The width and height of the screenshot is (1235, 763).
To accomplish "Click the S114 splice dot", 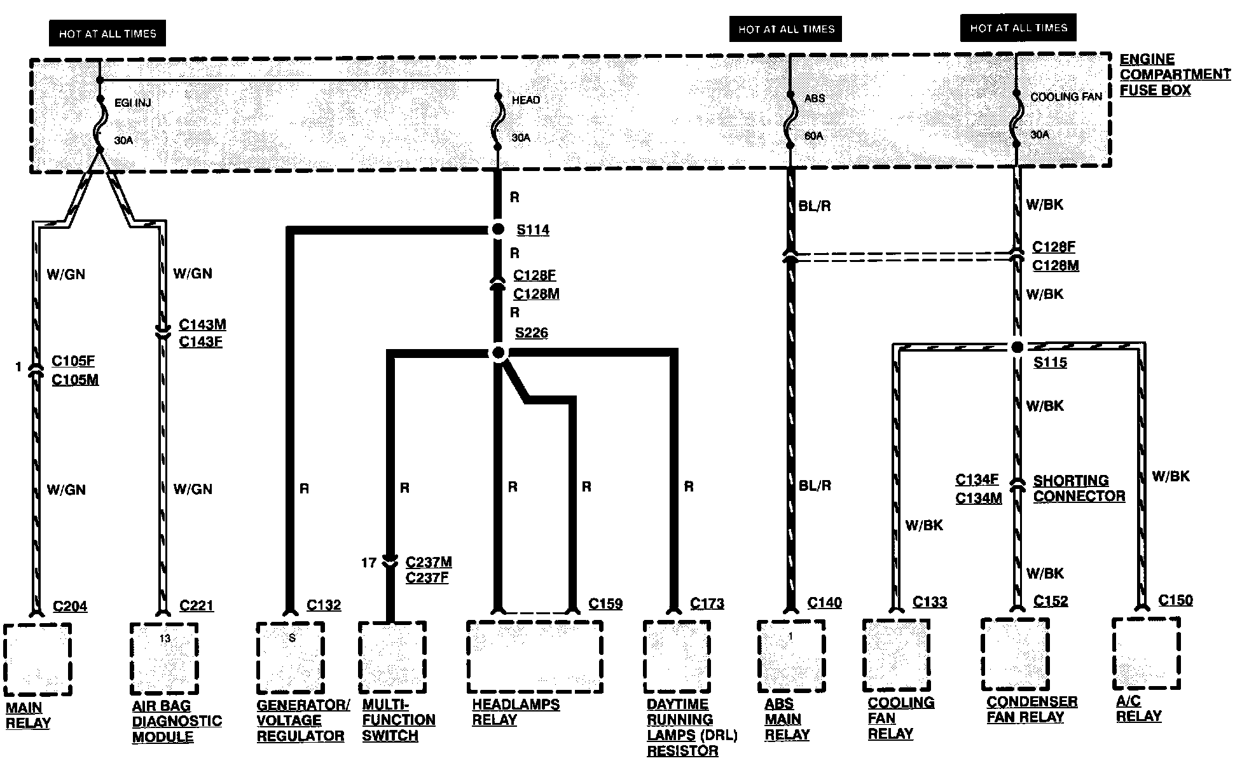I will [498, 229].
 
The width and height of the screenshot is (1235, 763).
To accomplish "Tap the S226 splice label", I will [531, 333].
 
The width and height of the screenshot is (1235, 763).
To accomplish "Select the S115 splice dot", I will [1017, 347].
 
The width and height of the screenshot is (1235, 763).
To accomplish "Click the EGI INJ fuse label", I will [132, 102].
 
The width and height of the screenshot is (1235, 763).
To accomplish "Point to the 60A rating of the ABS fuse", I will [814, 135].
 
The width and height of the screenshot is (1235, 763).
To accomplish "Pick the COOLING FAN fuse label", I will [1065, 97].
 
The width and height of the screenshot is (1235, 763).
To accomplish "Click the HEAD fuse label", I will [526, 100].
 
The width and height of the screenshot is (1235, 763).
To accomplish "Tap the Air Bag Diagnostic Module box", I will [164, 659].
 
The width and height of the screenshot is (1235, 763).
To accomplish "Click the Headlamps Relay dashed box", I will [534, 656].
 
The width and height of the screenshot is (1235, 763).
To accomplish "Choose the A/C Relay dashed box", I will [1146, 653].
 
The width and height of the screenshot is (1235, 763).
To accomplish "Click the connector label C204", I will [70, 606].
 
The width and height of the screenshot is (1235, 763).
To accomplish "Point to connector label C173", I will [707, 603].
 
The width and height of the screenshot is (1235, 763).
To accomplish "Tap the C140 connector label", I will [824, 602].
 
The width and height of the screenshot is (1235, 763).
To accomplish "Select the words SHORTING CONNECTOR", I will [1079, 488].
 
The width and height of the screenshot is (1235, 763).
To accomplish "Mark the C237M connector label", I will [429, 562].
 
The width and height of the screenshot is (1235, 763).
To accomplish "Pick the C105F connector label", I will [73, 361].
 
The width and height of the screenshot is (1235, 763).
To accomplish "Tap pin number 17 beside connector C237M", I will [369, 563].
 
